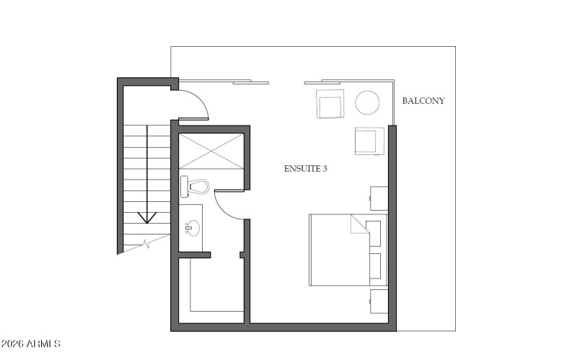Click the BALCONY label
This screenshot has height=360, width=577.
pos(423,101)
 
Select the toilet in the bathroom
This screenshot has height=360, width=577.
pos(194,187)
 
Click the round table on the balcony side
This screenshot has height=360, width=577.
pos(367,102)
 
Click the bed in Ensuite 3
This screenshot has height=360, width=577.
pos(339,249)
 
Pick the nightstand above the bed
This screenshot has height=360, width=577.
pos(379,198)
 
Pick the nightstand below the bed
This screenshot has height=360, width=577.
pos(379,300)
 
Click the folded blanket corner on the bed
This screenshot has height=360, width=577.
pos(358,224)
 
